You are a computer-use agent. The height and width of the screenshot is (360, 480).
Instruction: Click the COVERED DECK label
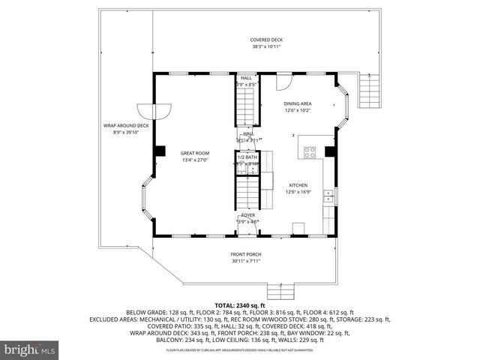point(266,40)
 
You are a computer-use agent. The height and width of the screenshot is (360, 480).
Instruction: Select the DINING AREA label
point(298,103)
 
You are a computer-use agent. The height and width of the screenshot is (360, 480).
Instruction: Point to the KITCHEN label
point(298,184)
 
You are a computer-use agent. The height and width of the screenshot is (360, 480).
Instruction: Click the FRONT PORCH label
point(244,254)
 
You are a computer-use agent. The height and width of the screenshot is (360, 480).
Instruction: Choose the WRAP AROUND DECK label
point(126,125)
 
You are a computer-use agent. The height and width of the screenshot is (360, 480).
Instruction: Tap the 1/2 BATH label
point(247,157)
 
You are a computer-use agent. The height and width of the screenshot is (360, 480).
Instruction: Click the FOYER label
point(247,214)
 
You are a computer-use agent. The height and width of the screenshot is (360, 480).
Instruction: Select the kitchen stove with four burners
point(308,152)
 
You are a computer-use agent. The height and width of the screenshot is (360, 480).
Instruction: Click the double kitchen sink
point(328,196)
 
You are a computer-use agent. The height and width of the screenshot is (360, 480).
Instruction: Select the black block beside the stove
point(328,152)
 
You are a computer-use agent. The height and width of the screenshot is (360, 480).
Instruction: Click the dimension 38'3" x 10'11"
point(266,46)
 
